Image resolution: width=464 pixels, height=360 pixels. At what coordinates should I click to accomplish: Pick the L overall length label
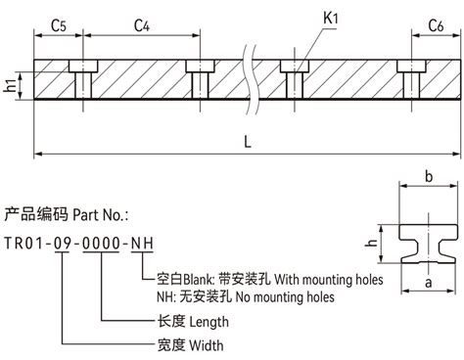tap(248, 143)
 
